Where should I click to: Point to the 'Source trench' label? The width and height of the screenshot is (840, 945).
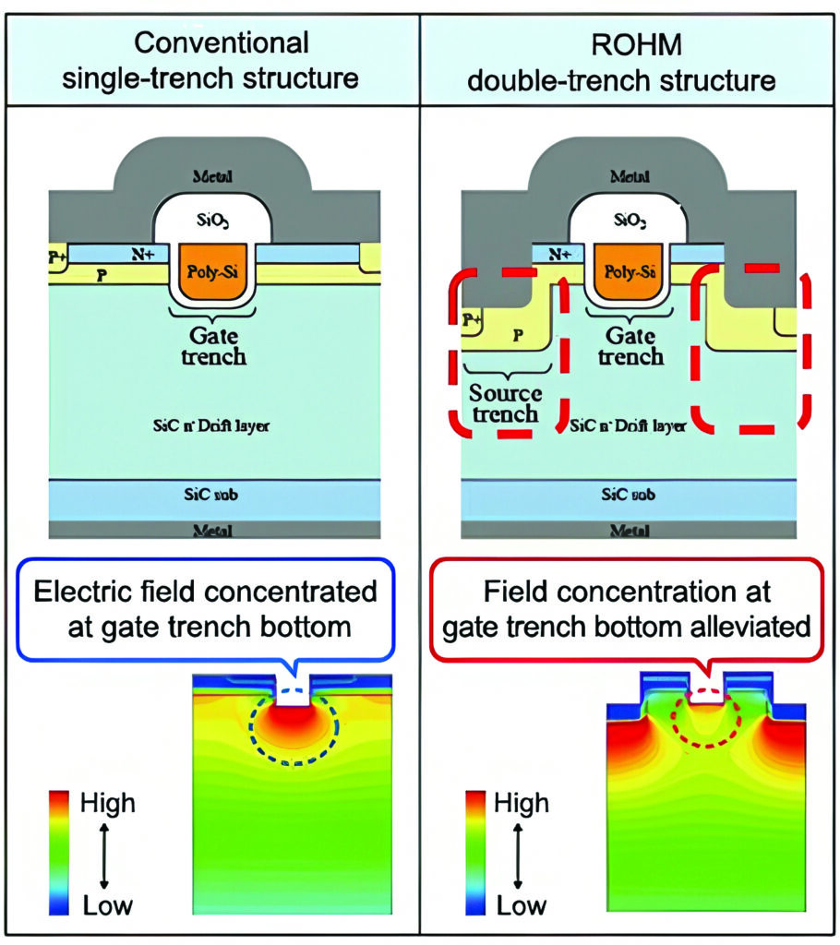pos(505,403)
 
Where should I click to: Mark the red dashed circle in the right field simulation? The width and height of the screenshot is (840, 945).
pos(706,721)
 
